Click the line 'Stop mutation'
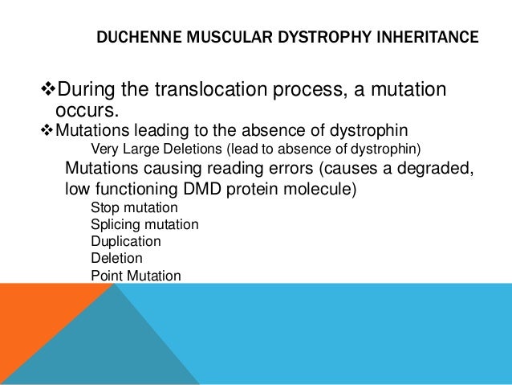[x=129, y=208]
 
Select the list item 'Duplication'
[x=125, y=242]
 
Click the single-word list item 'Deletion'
[x=116, y=259]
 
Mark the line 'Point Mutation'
[x=136, y=276]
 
